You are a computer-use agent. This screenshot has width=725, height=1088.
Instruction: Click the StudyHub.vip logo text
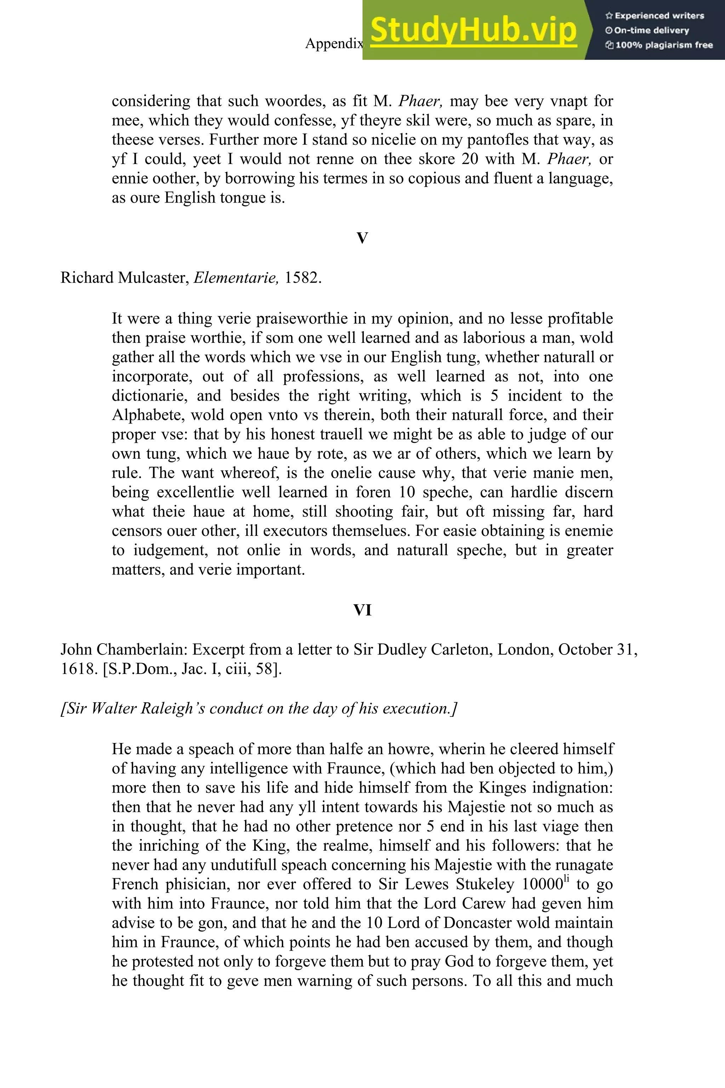pos(473,30)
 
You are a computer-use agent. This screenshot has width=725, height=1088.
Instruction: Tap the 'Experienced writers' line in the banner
pos(655,16)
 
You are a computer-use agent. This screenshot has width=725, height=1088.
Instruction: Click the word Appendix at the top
pos(334,44)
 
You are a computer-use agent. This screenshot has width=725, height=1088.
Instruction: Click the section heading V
pos(362,238)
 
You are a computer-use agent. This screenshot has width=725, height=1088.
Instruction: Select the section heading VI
pos(362,610)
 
